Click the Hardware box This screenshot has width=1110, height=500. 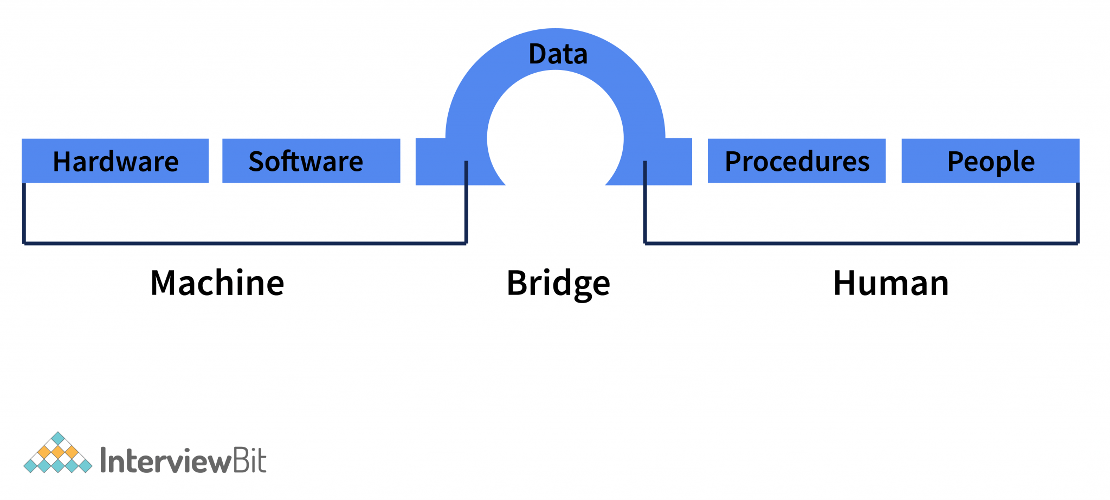coord(115,161)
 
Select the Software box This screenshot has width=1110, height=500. coord(311,161)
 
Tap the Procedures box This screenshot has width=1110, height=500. coord(796,161)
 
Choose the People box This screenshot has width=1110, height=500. coord(990,161)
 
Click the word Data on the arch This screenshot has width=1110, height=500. coord(558,54)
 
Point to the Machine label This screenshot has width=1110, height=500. coord(217,283)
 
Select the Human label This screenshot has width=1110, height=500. coord(890,283)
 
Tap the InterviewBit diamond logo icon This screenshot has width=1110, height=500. coord(58,454)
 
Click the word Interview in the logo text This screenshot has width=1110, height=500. coord(166,461)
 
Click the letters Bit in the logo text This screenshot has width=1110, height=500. coord(249,460)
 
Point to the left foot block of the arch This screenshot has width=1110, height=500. coord(439,163)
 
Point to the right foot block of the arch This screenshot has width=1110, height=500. coord(670,163)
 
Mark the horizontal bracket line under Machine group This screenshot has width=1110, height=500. coord(244,243)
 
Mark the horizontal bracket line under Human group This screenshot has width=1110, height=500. coord(862,243)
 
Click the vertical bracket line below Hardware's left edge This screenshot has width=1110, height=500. coord(24,214)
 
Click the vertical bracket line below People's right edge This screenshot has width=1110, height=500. coord(1077,214)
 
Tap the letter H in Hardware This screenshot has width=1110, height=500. coord(61,162)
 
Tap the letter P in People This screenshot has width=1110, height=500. coord(954,161)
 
